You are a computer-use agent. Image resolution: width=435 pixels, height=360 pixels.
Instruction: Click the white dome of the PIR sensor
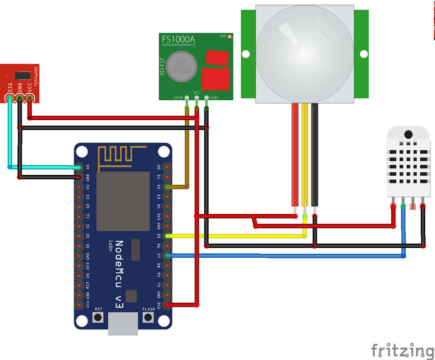(305, 53)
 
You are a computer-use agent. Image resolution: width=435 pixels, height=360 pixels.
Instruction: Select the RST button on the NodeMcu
(99, 317)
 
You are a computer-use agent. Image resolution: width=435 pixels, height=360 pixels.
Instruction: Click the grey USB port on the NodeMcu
(123, 323)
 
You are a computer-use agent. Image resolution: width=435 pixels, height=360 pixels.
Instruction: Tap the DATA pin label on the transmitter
(178, 98)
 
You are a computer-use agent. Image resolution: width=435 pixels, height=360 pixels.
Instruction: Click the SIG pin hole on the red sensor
(10, 99)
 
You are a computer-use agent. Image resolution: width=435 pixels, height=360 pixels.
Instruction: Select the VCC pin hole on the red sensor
(29, 99)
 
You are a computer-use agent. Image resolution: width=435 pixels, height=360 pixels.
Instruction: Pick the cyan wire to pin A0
(42, 167)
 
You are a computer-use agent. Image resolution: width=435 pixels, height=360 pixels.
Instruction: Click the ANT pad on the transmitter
(230, 37)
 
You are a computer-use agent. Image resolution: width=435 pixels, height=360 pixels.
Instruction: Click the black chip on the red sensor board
(22, 75)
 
